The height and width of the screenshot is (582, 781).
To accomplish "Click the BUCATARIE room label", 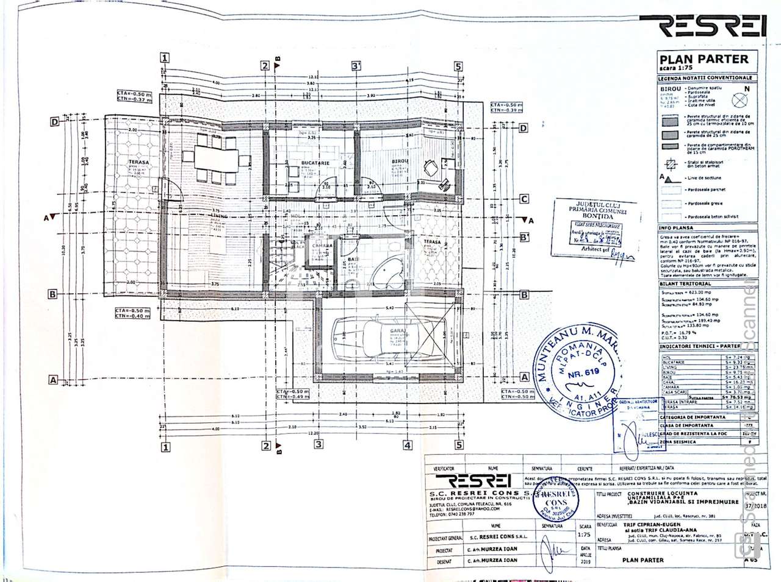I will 315,163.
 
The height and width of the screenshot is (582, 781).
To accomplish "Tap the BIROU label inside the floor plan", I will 400,162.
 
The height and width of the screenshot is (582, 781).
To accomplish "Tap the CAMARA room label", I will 322,246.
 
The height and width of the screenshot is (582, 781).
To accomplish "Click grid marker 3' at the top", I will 356,66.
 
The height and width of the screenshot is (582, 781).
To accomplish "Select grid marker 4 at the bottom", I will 407,445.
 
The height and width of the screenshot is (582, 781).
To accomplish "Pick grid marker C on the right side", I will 524,199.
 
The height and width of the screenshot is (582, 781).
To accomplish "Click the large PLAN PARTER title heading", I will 704,59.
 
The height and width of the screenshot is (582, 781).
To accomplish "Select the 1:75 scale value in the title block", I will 585,537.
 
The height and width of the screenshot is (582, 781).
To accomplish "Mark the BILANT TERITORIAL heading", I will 685,284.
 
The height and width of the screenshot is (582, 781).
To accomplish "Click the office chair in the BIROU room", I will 431,165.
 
